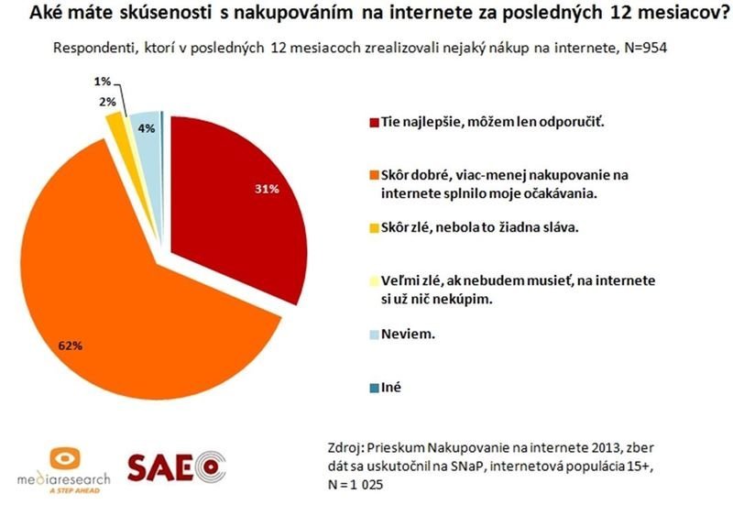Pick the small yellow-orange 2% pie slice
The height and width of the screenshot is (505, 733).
tap(115, 123)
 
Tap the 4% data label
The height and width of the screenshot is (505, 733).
tap(145, 129)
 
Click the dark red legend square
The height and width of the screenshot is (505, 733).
tap(371, 123)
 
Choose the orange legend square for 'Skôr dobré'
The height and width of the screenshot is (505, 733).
tap(371, 174)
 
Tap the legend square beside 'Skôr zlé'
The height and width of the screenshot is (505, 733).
tap(371, 226)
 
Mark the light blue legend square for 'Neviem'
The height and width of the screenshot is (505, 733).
tap(371, 335)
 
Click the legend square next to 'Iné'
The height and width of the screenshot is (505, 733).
tap(371, 388)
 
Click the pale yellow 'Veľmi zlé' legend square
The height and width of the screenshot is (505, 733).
tap(371, 278)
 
